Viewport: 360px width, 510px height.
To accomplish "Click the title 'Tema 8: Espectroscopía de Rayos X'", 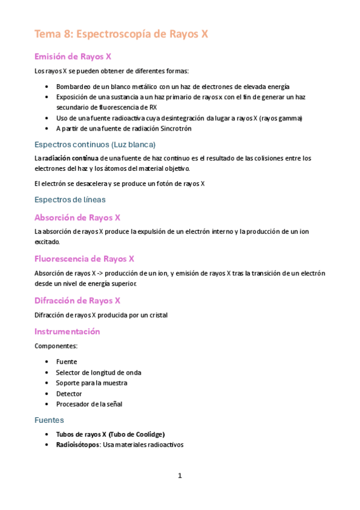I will (x=121, y=34).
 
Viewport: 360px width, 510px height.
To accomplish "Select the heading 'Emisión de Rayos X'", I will (x=73, y=57).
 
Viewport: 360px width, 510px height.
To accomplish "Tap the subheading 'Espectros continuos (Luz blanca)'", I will (x=95, y=144).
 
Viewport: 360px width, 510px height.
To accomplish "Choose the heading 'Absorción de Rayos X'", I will (x=78, y=217).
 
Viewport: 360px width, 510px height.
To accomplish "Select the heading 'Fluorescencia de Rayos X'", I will (x=84, y=259).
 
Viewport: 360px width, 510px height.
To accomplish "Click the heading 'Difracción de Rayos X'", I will (x=78, y=300).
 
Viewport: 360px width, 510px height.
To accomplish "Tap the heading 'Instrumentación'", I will (x=67, y=331).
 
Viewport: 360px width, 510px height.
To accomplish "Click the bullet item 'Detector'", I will (x=69, y=393).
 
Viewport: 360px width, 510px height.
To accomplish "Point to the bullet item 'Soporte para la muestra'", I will (x=91, y=382).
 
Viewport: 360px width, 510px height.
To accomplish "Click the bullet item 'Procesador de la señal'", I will (x=89, y=404).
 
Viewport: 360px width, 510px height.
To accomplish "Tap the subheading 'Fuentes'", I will (x=49, y=420).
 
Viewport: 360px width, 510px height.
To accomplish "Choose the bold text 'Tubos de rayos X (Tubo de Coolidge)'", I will (x=111, y=434).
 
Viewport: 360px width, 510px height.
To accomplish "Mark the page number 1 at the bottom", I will (x=180, y=476).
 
